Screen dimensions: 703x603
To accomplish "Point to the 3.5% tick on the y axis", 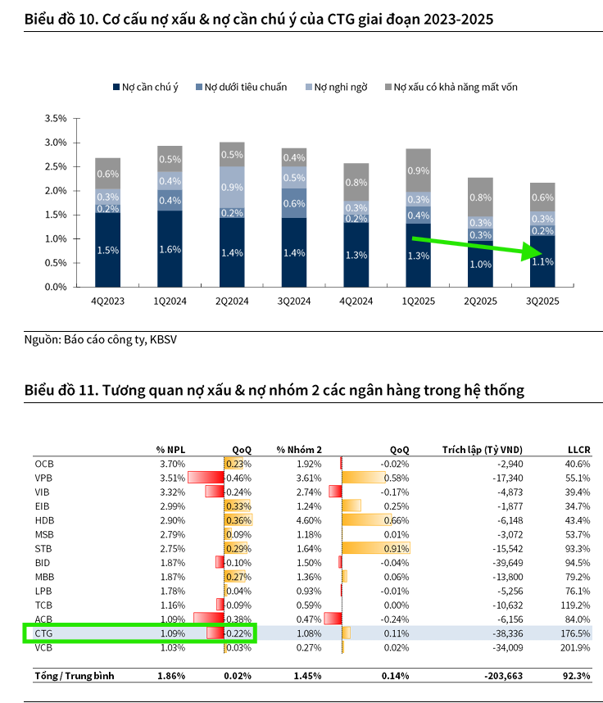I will point(56,119).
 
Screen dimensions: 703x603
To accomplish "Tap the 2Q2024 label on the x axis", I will point(233,302).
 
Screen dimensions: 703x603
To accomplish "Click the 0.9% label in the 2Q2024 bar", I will point(233,187).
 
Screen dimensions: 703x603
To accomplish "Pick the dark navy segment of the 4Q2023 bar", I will point(108,250).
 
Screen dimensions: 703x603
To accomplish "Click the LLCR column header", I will point(578,449).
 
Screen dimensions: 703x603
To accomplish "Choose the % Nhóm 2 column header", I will point(299,449).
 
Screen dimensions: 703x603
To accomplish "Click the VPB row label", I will point(44,478).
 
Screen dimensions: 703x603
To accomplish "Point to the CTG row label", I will point(44,633).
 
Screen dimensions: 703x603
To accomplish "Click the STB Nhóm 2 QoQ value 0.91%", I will point(397,548).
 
